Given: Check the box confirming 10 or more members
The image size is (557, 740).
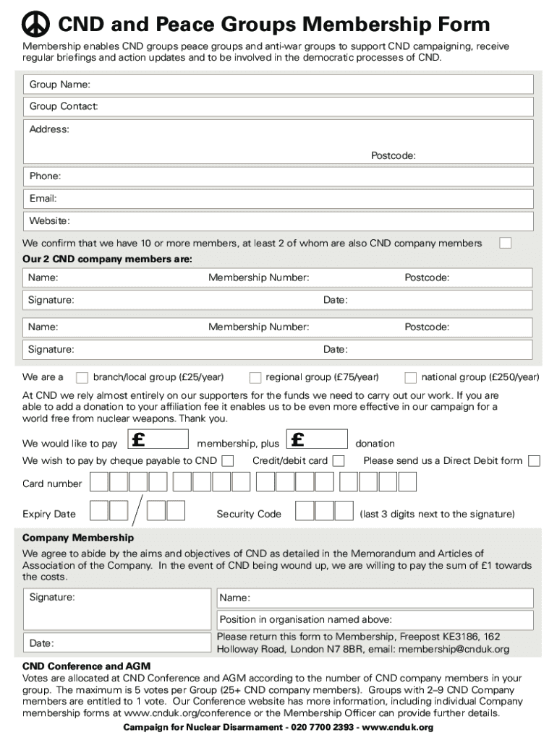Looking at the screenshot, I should click(x=505, y=243).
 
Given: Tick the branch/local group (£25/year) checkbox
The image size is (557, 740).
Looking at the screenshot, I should click(x=82, y=377).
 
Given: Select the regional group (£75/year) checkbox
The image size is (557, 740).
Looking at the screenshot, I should click(x=255, y=377).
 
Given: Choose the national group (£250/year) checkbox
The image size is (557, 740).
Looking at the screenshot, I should click(x=411, y=377).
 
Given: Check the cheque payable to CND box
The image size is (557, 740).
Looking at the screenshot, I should click(x=228, y=461).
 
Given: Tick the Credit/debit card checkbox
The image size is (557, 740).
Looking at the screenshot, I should click(x=338, y=461).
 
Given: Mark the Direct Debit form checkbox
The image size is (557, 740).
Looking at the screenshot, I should click(x=534, y=461).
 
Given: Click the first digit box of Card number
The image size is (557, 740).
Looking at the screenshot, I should click(x=99, y=482).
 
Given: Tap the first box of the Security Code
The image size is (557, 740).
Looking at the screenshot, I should click(x=305, y=511).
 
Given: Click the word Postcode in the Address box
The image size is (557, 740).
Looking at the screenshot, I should click(x=393, y=156).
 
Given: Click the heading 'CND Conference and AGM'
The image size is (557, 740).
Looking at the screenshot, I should click(x=86, y=666).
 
